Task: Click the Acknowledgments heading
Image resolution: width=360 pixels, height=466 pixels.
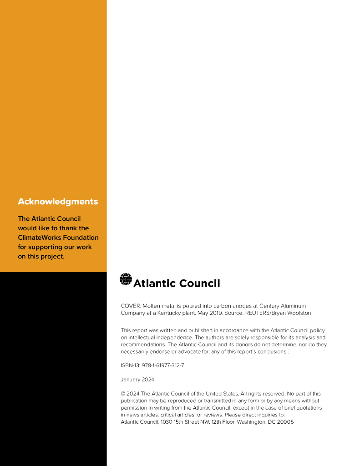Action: click(x=58, y=202)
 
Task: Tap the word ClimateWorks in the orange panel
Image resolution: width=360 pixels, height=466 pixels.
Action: click(x=39, y=238)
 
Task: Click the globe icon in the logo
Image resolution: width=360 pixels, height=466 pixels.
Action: click(x=126, y=279)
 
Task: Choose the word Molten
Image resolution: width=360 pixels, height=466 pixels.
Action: click(x=153, y=306)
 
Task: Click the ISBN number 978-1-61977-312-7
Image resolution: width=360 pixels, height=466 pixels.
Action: click(x=163, y=365)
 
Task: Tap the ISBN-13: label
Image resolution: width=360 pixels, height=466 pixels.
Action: click(x=130, y=365)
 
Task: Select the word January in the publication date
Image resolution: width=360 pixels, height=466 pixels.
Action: click(x=131, y=380)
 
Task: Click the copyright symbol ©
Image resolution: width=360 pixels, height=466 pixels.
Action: click(x=123, y=394)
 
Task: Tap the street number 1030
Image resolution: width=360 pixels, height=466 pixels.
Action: click(x=167, y=422)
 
